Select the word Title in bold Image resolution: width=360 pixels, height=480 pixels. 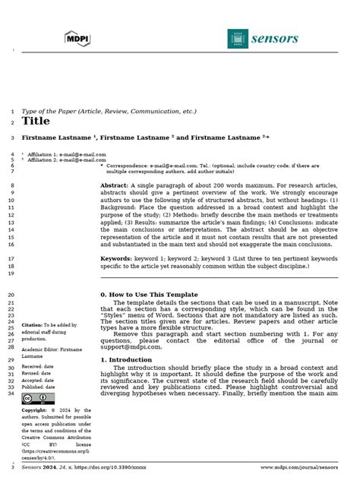tap(36, 121)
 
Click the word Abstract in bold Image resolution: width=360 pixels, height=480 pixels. tap(115, 185)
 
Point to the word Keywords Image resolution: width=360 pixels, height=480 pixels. tap(115, 258)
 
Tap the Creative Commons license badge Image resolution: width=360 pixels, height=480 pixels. tap(30, 398)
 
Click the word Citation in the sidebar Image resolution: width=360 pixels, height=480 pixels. tap(32, 324)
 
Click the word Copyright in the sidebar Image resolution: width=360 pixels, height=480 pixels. tap(35, 410)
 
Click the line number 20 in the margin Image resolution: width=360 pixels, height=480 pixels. tap(11, 294)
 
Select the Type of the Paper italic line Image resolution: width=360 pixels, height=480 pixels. tap(109, 111)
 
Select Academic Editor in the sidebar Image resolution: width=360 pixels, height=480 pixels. tap(38, 349)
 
